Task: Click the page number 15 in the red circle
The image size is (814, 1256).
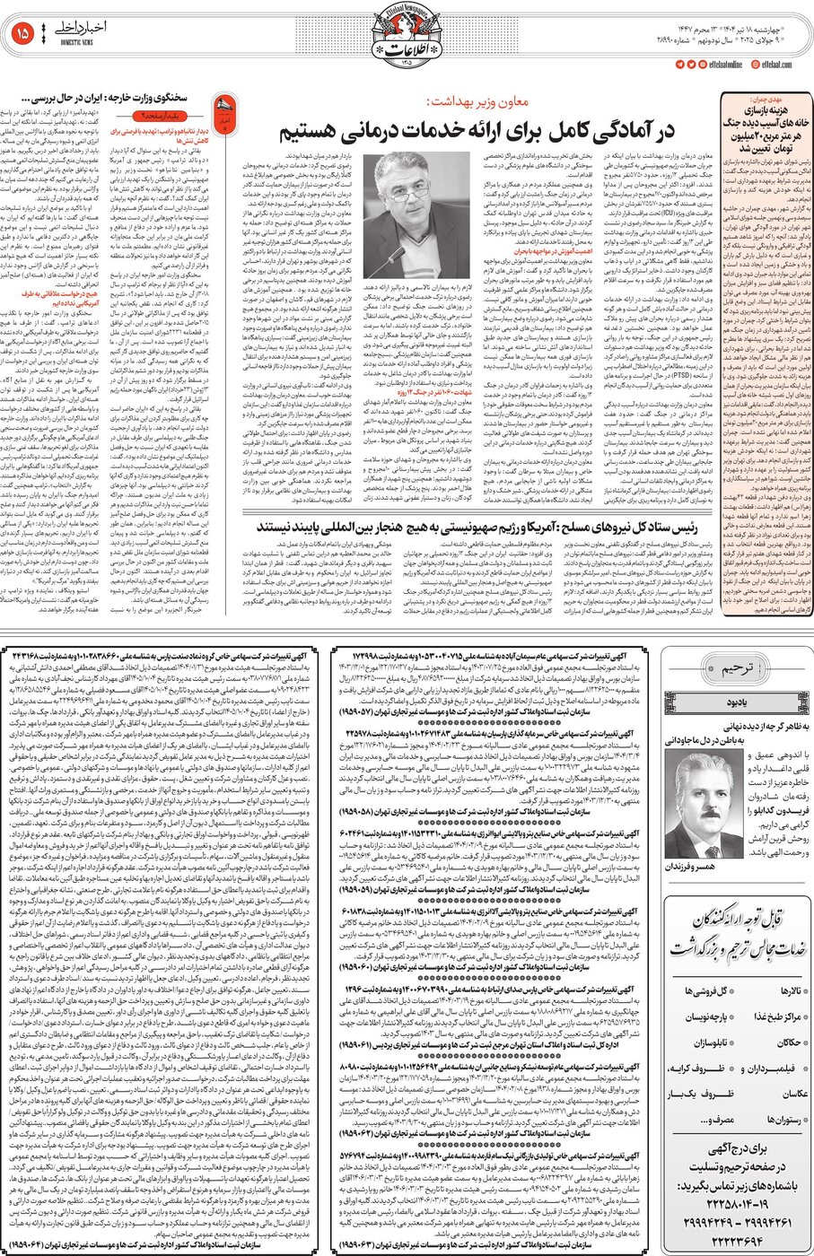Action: pos(22,33)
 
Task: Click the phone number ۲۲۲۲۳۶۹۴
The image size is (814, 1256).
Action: pos(726,1239)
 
